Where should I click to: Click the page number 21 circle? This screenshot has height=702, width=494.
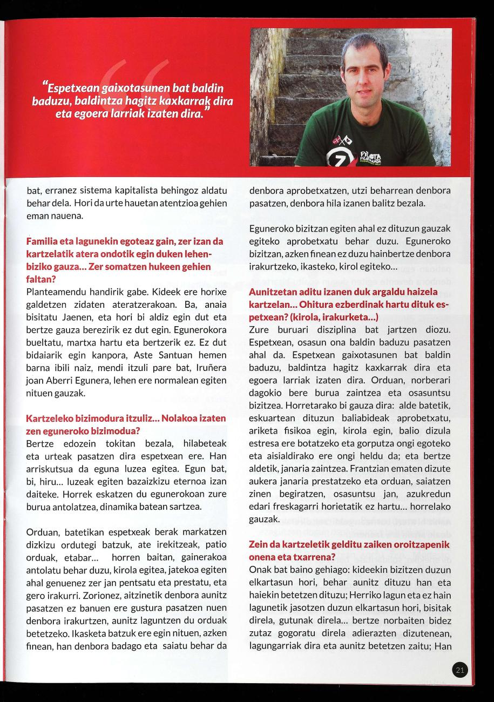point(460,671)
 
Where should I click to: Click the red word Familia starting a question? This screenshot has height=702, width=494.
point(43,240)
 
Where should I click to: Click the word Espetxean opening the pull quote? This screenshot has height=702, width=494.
point(70,88)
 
